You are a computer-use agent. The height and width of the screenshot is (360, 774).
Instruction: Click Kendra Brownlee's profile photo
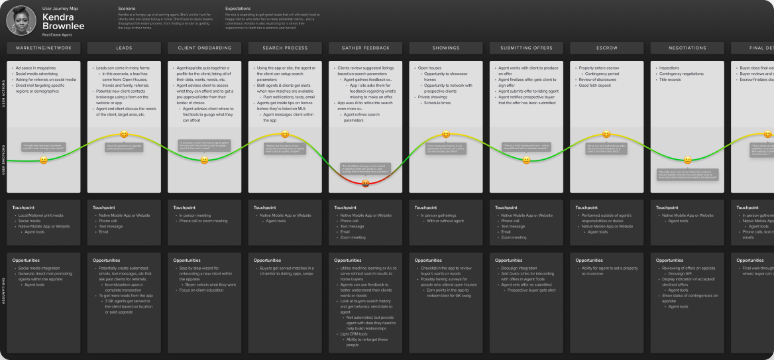tap(21, 21)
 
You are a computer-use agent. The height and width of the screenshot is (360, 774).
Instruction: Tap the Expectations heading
tap(238, 9)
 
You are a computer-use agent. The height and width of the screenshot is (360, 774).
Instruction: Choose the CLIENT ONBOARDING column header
tap(204, 48)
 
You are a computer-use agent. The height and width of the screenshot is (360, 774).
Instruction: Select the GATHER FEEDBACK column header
tap(365, 48)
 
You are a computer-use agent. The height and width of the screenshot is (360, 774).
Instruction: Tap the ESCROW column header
tap(606, 48)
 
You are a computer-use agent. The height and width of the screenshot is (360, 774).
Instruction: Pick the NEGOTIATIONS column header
tap(687, 48)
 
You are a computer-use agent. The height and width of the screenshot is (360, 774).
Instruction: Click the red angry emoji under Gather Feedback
tap(365, 184)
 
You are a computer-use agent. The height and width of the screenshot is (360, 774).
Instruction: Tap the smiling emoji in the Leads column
tap(124, 135)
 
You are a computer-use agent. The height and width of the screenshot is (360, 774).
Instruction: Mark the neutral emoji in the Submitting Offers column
tap(526, 160)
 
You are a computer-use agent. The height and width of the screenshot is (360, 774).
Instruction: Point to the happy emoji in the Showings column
tap(446, 135)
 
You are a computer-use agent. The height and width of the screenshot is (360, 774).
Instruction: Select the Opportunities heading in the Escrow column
tap(589, 261)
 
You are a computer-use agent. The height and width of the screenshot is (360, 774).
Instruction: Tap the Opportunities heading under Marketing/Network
tap(26, 261)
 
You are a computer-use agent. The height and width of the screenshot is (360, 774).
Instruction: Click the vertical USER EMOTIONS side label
tap(3, 159)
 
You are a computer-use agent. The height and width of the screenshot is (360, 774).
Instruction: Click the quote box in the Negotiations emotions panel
tap(687, 176)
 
